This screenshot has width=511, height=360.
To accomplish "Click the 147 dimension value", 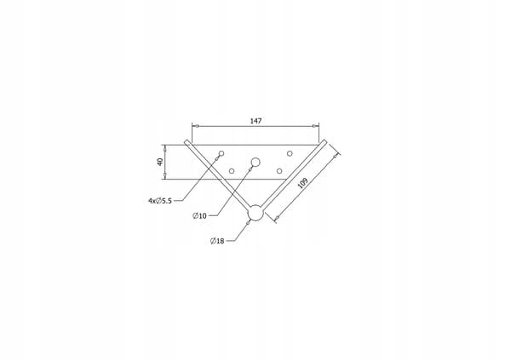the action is click(255, 121).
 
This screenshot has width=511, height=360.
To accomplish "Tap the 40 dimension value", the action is click(160, 162).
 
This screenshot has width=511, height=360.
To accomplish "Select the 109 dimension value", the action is click(302, 183).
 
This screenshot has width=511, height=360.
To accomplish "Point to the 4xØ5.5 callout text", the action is click(160, 201).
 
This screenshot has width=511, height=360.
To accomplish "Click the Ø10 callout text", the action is click(199, 215).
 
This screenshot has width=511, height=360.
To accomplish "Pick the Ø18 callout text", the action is click(217, 241).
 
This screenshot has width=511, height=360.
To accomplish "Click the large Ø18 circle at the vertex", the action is click(255, 213).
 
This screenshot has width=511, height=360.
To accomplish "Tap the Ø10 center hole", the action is click(255, 162).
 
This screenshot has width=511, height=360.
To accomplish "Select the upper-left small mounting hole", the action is click(221, 153).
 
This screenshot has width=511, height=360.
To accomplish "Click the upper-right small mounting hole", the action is click(290, 153).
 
